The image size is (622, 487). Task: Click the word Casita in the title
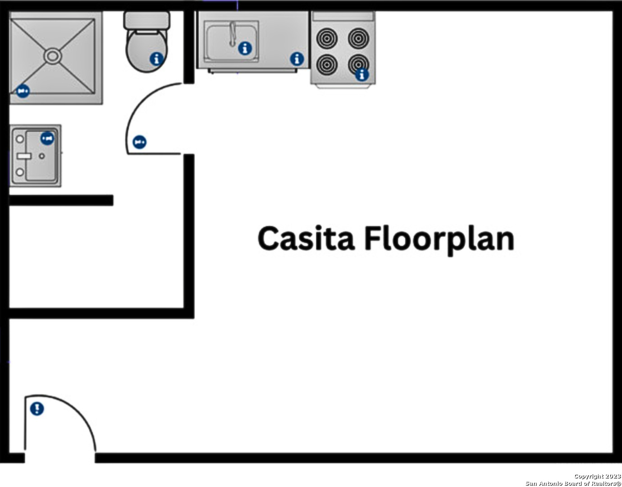[x=306, y=239]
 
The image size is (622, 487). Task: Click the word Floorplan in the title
[x=439, y=240]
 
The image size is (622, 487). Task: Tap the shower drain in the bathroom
[x=53, y=56]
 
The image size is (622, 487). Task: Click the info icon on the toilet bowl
[x=156, y=59]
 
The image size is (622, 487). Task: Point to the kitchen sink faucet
[x=233, y=34]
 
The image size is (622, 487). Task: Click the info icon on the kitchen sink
[x=245, y=48]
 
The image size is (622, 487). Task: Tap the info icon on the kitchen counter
[x=297, y=59]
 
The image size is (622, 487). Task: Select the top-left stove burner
[x=327, y=38]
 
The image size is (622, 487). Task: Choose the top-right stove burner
[x=358, y=38]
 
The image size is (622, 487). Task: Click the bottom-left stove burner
[x=327, y=64]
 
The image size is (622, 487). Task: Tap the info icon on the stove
[x=362, y=75]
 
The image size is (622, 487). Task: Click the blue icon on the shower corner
[x=23, y=92]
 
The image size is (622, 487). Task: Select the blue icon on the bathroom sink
[x=47, y=138]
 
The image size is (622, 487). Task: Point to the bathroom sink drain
[x=42, y=156]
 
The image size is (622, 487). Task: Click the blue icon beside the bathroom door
[x=139, y=142]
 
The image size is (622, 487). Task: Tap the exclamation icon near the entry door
[x=37, y=409]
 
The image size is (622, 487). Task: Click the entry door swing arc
[x=75, y=410]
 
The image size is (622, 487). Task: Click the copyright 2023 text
[x=598, y=476]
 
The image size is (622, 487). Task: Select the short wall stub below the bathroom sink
[x=61, y=200]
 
